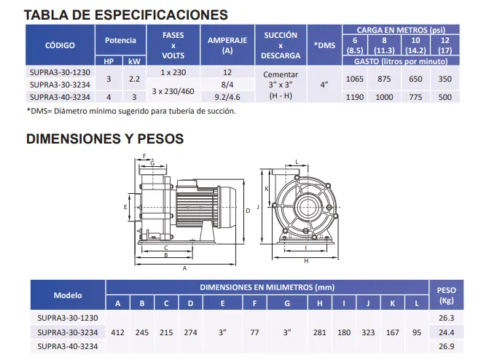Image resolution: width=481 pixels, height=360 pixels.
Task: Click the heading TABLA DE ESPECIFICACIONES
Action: [x=126, y=14]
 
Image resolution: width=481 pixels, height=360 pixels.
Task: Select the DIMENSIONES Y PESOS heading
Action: [x=105, y=138]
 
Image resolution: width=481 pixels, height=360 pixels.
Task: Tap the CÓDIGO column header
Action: [x=60, y=45]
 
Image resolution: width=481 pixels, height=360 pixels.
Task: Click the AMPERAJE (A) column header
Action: [x=227, y=45]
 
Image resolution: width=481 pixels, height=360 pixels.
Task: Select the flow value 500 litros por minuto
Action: [x=445, y=96]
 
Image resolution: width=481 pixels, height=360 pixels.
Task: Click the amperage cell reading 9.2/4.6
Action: [x=227, y=96]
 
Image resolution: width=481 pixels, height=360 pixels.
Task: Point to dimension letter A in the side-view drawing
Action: [x=184, y=267]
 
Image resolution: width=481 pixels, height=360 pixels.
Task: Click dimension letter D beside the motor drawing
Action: [x=248, y=209]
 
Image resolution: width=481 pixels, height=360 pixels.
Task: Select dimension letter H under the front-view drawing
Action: [x=305, y=260]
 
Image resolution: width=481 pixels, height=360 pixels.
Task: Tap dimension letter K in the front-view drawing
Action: [x=267, y=188]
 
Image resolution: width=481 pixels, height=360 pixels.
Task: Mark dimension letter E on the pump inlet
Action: [x=125, y=207]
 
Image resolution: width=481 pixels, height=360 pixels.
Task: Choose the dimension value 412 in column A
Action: [x=119, y=332]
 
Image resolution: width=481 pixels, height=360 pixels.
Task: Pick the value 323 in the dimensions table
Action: [x=369, y=332]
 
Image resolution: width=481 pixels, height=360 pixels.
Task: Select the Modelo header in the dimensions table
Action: [x=68, y=295]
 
